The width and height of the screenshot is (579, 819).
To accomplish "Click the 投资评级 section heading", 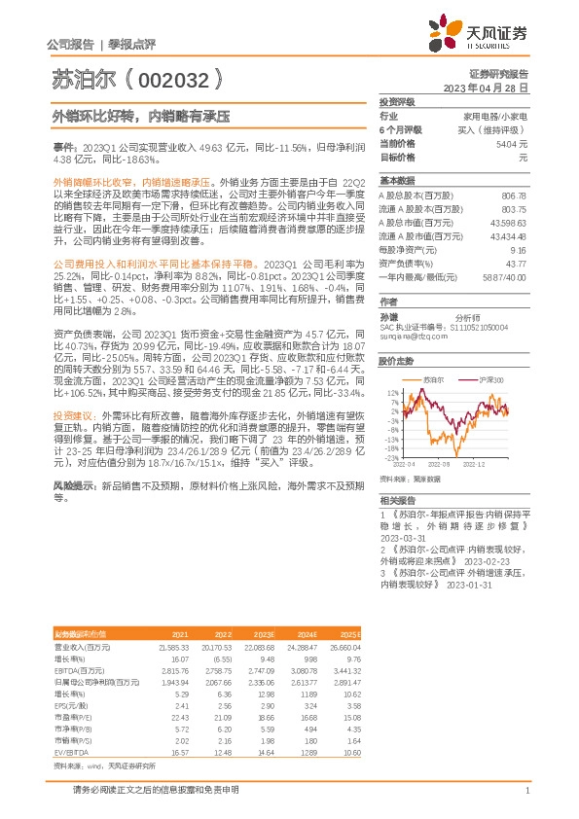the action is [x=396, y=101].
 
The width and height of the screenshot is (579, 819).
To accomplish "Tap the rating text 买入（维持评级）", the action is [x=498, y=128].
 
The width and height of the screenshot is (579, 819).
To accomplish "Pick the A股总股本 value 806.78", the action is [x=512, y=196].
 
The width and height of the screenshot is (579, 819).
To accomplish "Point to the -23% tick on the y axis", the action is [x=392, y=456].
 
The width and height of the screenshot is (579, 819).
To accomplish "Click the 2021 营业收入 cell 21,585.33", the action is [x=172, y=645].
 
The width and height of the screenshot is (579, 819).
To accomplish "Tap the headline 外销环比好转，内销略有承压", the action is [x=140, y=116].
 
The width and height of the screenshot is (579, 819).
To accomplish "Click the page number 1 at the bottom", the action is [x=526, y=792].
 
